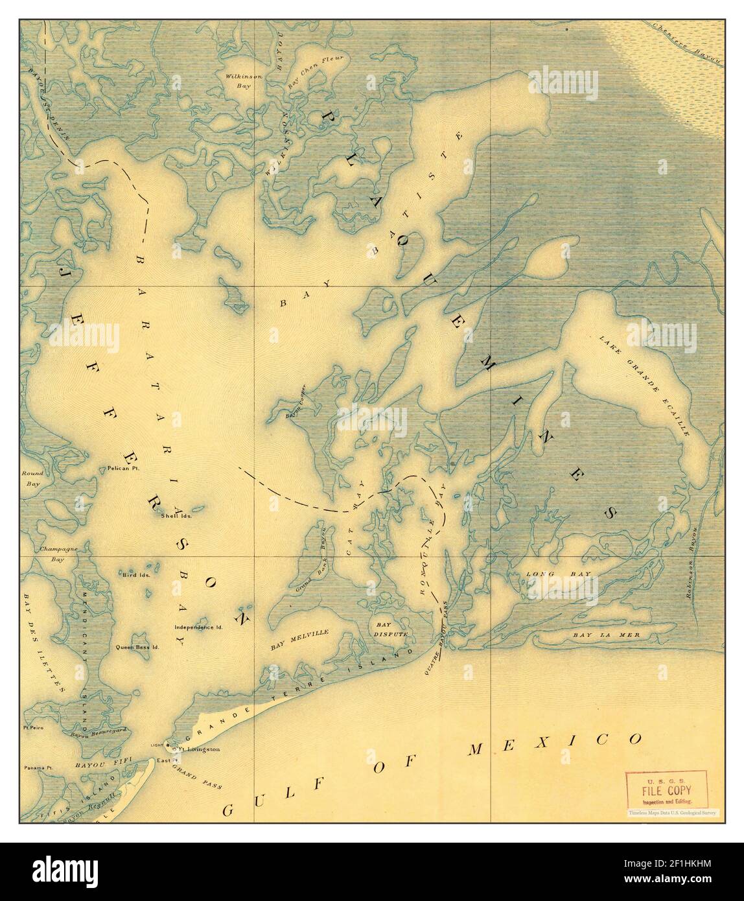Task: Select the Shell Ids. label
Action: (x=174, y=516)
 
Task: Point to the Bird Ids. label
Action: (x=136, y=574)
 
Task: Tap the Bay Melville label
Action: (x=300, y=639)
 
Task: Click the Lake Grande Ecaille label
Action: (x=644, y=385)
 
